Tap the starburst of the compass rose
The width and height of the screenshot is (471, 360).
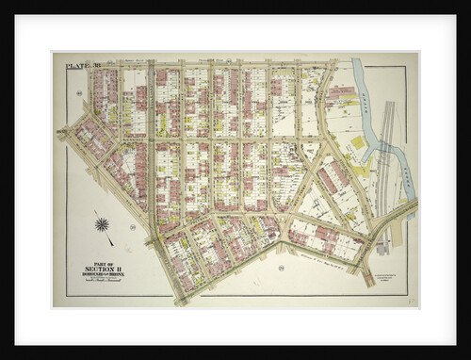click(x=103, y=224)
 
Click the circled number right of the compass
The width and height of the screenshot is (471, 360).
click(x=132, y=227)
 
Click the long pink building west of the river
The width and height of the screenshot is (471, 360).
click(x=341, y=95)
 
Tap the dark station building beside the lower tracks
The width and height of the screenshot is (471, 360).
click(x=382, y=248)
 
